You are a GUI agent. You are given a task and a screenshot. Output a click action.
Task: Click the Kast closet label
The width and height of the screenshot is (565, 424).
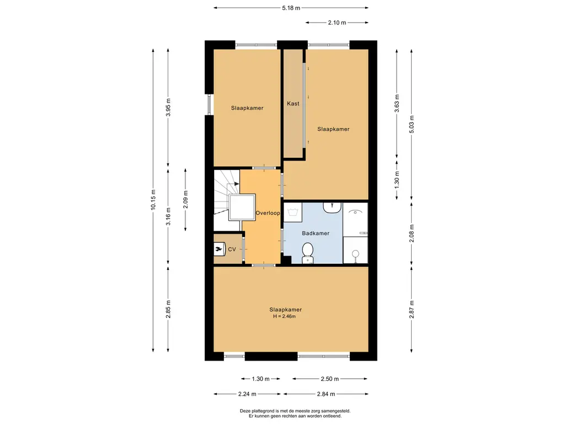(293, 103)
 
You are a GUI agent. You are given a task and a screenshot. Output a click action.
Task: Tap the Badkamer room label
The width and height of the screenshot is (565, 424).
(316, 233)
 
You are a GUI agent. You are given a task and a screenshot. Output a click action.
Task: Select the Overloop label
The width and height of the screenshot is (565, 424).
(268, 213)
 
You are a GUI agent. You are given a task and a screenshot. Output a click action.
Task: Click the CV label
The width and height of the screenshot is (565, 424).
(232, 250)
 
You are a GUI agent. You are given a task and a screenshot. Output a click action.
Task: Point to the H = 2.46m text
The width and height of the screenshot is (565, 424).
(285, 316)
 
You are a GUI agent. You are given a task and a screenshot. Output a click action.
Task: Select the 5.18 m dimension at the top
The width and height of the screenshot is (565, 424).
(290, 8)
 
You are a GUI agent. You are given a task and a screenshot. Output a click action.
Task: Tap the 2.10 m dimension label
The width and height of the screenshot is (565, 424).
(337, 23)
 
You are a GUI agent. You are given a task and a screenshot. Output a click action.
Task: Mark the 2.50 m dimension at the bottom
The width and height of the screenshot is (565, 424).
(329, 379)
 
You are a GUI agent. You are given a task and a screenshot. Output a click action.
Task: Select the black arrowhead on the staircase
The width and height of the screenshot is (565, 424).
(236, 184)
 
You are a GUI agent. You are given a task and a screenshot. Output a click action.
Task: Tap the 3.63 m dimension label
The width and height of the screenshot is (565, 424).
(396, 103)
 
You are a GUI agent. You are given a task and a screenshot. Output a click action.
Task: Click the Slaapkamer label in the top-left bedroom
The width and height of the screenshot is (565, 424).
(247, 108)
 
